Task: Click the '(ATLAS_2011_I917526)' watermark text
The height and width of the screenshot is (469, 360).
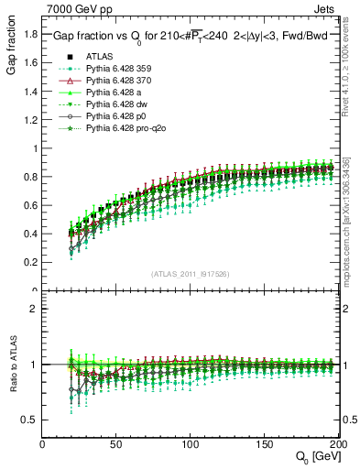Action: click(x=190, y=273)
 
